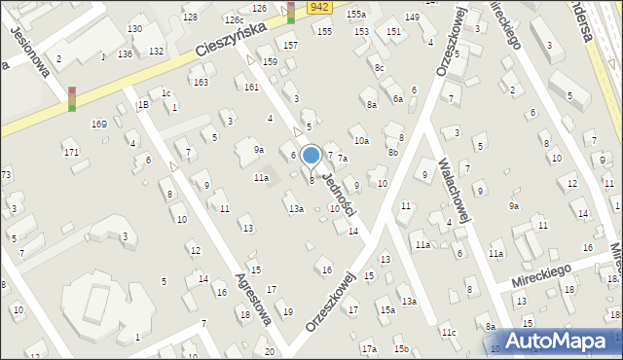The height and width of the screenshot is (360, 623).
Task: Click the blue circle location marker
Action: click(311, 155)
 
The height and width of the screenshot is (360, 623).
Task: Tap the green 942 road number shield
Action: click(320, 7)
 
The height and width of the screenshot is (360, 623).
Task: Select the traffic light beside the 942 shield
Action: click(291, 13)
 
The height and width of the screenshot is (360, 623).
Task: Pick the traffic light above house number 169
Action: click(72, 99)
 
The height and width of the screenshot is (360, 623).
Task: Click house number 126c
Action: click(234, 19)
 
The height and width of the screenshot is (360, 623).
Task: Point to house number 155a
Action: click(356, 15)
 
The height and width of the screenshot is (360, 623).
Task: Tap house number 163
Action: click(201, 82)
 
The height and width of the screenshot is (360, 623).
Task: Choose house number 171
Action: click(71, 153)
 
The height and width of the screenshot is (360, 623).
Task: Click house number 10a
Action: click(361, 141)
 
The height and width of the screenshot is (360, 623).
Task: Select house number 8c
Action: click(379, 67)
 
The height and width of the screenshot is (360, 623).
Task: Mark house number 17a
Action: click(368, 348)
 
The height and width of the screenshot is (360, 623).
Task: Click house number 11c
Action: click(448, 334)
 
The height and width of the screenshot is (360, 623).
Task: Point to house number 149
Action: click(412, 18)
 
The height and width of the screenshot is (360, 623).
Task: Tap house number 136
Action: click(125, 54)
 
